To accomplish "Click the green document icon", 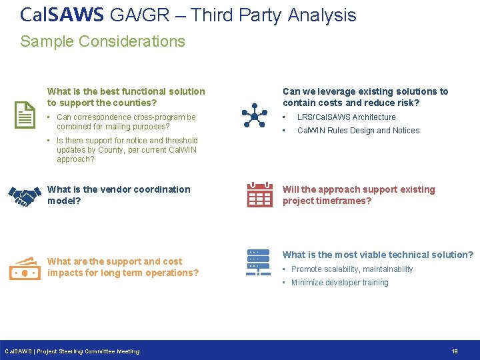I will pos(25,115).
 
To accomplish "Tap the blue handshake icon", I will pos(25,195).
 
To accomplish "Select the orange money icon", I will pos(25,268).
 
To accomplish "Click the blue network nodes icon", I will pos(254,115).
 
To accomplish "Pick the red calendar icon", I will pos(259,195).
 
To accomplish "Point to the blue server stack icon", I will pos(258,263).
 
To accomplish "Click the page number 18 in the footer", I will pos(454,351).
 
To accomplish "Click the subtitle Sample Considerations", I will pos(103,41).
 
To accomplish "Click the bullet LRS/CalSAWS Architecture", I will pos(346,117).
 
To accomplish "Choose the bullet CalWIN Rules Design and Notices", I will pos(358,131).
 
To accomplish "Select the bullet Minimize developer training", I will pos(339,283).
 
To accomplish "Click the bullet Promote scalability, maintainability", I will pos(352,269).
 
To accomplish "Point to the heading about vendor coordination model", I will pos(119,195).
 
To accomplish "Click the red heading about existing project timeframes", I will pos(359,195).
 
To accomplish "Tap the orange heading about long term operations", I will pos(123,267).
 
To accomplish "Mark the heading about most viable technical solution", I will pos(378,255).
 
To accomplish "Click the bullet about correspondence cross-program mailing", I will pos(126,122).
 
